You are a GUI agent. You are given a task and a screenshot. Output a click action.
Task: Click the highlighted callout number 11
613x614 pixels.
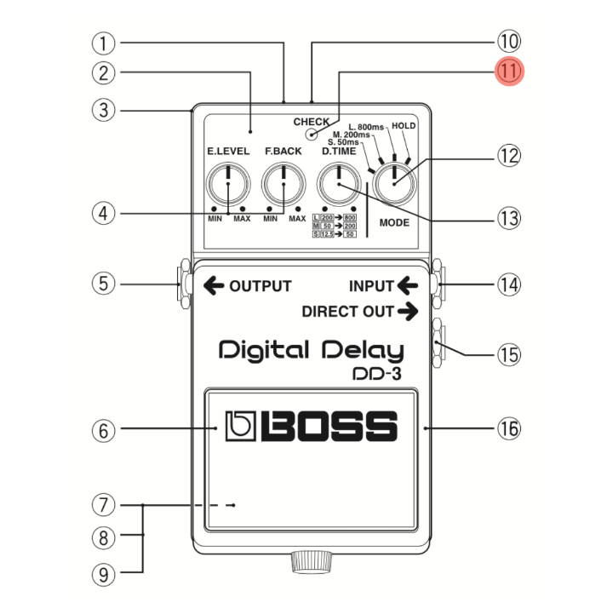tap(509, 72)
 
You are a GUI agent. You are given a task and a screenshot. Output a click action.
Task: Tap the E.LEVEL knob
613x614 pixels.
tap(228, 184)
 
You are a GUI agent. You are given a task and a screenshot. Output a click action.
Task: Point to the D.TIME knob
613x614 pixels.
tap(338, 184)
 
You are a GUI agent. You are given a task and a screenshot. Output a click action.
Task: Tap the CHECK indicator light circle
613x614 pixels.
tap(312, 134)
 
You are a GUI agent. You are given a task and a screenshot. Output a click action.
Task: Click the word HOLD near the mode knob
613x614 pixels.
tap(403, 126)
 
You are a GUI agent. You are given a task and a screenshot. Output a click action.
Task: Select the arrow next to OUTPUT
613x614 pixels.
tap(212, 286)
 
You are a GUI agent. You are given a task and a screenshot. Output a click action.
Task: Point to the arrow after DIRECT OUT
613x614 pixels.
tap(408, 312)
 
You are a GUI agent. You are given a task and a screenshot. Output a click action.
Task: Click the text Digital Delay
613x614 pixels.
tap(311, 350)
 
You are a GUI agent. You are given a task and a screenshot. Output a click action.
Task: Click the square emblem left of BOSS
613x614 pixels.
tap(239, 427)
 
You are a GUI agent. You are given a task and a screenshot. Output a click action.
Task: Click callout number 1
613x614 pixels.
tap(104, 41)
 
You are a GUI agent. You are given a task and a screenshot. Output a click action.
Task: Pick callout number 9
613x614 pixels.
tap(104, 574)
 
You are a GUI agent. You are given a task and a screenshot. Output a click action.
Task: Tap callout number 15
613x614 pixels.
tap(509, 353)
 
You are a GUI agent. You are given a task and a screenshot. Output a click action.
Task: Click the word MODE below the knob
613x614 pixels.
tap(394, 223)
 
